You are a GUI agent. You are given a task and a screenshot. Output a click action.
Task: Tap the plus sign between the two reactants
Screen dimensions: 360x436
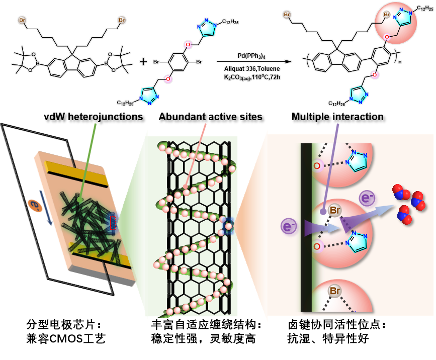click(143, 62)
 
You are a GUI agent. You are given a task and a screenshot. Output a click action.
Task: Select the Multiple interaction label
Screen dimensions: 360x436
click(337, 117)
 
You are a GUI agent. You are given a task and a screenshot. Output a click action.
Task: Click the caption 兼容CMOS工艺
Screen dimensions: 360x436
click(65, 338)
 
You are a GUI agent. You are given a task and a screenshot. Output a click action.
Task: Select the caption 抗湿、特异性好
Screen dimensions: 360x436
click(326, 338)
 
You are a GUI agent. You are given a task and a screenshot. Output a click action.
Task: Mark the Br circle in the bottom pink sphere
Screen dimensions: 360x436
click(334, 291)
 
